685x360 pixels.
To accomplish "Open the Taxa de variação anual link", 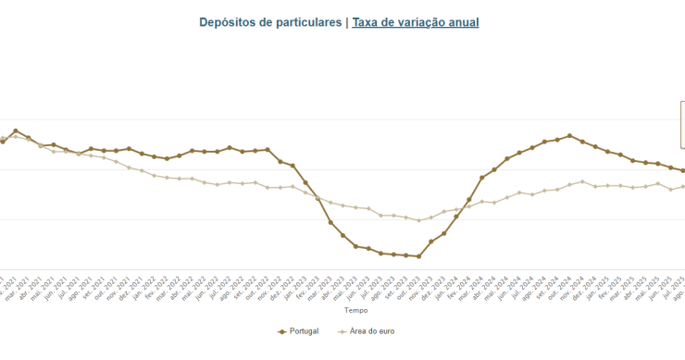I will pyautogui.click(x=416, y=22).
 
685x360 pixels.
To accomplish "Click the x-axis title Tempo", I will pyautogui.click(x=343, y=312).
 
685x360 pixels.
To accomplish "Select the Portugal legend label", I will pyautogui.click(x=305, y=331).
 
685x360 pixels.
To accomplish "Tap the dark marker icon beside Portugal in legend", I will pyautogui.click(x=282, y=331).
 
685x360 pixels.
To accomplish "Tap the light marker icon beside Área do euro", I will pyautogui.click(x=343, y=331).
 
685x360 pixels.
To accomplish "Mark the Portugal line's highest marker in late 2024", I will pyautogui.click(x=570, y=136).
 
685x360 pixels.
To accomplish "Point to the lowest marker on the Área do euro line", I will pyautogui.click(x=418, y=220).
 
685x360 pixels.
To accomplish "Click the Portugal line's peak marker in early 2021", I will pyautogui.click(x=16, y=131).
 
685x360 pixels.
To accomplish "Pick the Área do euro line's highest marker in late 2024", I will pyautogui.click(x=582, y=181).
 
